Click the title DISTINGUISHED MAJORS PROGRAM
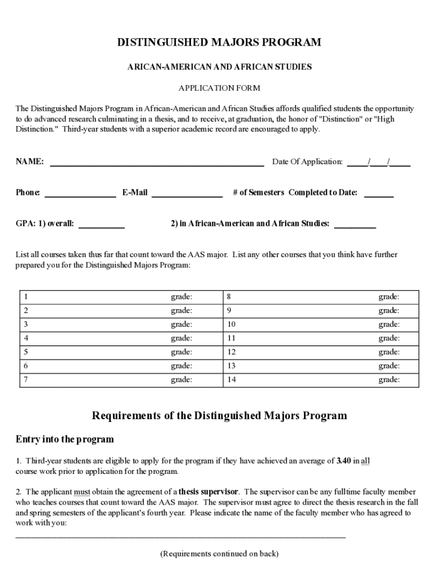coord(219,43)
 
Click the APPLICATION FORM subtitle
coord(219,88)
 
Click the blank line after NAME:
coord(157,164)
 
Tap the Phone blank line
coord(80,194)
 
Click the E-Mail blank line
coord(186,194)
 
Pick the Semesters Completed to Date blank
coord(379,194)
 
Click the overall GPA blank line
coord(101,226)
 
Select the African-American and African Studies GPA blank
coord(355,226)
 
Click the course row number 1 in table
coord(26,297)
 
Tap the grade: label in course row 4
coord(181,338)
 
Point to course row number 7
coord(26,380)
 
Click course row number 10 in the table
coord(231,325)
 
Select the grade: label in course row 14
coord(389,380)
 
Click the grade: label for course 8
coord(389,297)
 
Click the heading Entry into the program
coord(64,439)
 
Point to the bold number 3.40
coord(344,461)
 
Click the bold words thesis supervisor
coord(209,492)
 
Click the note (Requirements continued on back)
coord(219,554)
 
